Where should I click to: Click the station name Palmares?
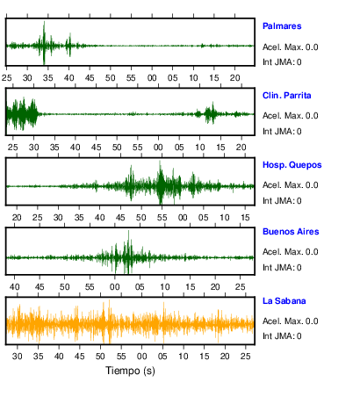pyautogui.click(x=282, y=26)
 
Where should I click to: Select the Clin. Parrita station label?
pyautogui.click(x=287, y=96)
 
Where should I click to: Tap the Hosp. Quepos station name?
pyautogui.click(x=292, y=165)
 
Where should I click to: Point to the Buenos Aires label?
pyautogui.click(x=291, y=232)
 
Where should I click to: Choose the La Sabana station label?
pyautogui.click(x=284, y=301)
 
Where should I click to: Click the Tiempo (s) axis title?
pyautogui.click(x=130, y=371)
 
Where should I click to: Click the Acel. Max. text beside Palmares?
pyautogui.click(x=283, y=47)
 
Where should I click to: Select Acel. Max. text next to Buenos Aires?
pyautogui.click(x=283, y=252)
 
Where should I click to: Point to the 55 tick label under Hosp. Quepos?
pyautogui.click(x=162, y=218)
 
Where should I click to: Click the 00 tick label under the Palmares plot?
pyautogui.click(x=152, y=78)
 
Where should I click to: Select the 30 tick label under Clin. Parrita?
pyautogui.click(x=33, y=147)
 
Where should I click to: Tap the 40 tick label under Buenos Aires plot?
pyautogui.click(x=15, y=286)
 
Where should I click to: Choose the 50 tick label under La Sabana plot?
pyautogui.click(x=100, y=357)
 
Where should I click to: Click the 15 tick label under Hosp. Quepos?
pyautogui.click(x=245, y=218)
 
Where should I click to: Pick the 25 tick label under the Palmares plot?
pyautogui.click(x=7, y=78)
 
